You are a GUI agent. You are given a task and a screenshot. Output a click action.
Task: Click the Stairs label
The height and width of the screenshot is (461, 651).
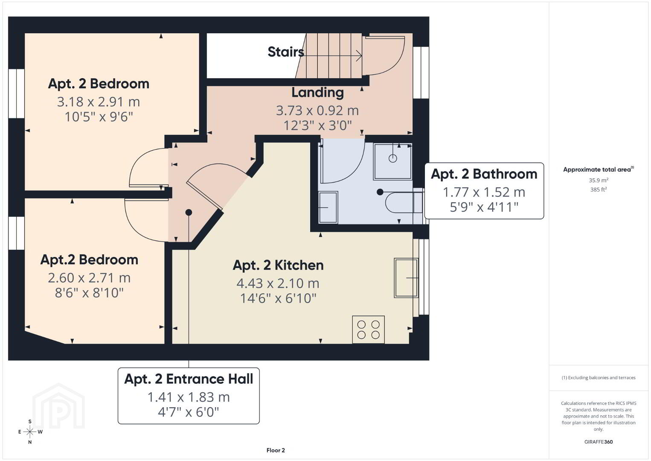click(286, 52)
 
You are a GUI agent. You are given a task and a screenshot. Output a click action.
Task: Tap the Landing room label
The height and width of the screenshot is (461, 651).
click(318, 93)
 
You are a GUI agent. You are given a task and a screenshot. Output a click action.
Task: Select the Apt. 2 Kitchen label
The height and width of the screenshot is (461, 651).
click(278, 265)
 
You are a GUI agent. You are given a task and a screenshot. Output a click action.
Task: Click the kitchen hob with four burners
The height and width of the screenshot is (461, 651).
click(368, 330)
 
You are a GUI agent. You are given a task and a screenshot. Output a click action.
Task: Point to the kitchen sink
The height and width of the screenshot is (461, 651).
click(406, 278)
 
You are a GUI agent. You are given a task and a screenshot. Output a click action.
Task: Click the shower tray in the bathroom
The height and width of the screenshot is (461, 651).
click(392, 161)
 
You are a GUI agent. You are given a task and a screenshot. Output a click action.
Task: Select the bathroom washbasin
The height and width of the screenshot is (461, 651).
click(328, 207)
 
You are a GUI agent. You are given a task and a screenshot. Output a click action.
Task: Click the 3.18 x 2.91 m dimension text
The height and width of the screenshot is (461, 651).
click(99, 102)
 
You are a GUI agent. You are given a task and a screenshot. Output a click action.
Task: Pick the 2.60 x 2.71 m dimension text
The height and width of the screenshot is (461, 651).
click(89, 278)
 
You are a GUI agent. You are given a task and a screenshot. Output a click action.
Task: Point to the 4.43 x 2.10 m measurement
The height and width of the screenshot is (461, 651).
click(278, 283)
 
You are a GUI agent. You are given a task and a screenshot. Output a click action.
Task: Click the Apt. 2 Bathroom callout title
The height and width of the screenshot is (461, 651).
click(484, 174)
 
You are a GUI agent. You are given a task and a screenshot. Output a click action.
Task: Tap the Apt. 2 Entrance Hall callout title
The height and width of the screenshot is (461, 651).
click(189, 379)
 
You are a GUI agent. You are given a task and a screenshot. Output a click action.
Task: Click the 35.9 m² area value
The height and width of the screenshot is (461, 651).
click(599, 180)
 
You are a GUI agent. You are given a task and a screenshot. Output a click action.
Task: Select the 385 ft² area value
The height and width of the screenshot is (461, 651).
click(599, 190)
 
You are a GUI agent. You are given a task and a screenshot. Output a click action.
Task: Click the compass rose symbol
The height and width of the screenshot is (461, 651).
click(29, 432)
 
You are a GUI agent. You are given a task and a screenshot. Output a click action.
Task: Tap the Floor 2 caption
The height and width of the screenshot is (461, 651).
click(276, 450)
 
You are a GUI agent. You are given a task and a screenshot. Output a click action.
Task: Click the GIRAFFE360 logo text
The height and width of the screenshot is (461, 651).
click(599, 442)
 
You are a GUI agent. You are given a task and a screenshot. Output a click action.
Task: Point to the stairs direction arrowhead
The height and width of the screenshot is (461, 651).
click(359, 55)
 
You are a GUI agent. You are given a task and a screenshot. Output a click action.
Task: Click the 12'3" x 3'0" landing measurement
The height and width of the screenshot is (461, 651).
click(318, 125)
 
